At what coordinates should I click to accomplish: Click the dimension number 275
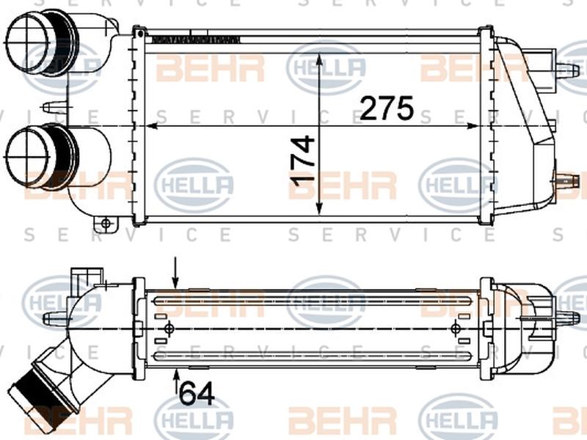point(388,109)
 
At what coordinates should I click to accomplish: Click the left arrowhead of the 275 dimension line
point(153,126)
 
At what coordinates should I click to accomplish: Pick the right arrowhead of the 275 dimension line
point(484,126)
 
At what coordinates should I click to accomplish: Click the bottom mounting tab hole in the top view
point(106,222)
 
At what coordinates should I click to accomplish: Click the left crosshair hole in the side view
point(170,327)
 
